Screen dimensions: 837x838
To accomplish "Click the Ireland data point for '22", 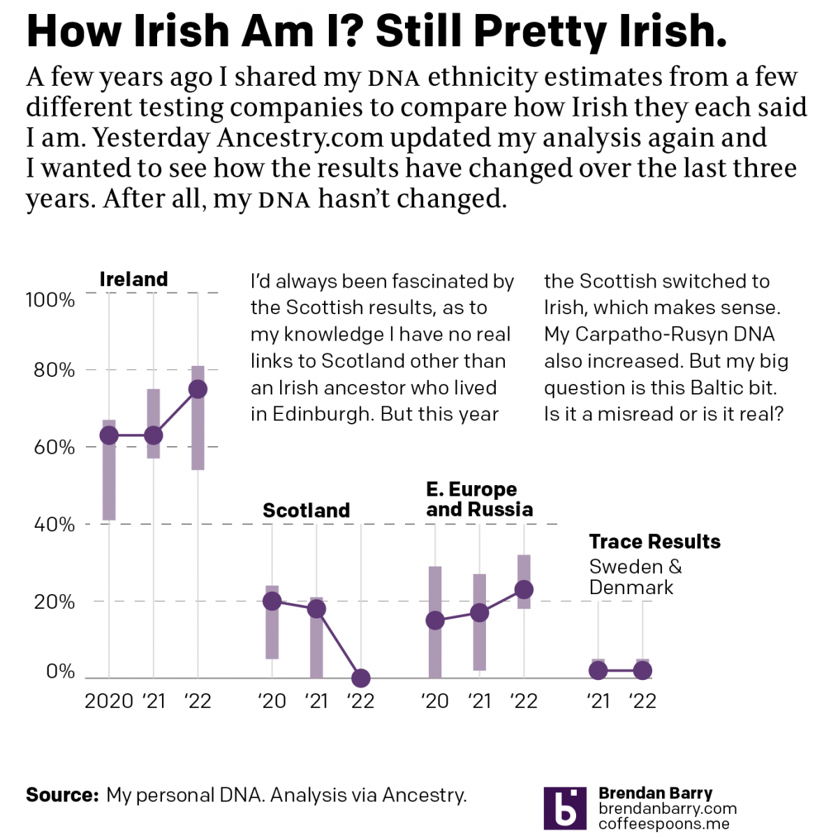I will click(x=198, y=390).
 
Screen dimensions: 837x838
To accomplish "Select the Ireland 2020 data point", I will click(x=109, y=436).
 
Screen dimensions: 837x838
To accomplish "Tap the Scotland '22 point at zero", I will click(x=361, y=678).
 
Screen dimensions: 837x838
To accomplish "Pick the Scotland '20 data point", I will click(x=272, y=601).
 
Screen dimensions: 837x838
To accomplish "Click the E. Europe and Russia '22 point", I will click(x=524, y=590).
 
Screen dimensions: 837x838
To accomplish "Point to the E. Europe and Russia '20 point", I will click(x=435, y=621).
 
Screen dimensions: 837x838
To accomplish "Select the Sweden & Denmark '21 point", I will click(x=598, y=671).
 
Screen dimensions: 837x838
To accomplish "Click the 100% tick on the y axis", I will click(x=50, y=300).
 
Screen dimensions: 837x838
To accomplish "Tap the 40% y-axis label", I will click(x=54, y=524).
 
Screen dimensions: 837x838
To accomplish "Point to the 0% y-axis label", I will click(x=60, y=672).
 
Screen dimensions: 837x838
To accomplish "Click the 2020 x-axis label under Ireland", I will click(x=109, y=701).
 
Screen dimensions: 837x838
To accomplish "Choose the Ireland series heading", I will click(x=133, y=279).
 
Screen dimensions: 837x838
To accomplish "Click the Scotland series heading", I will click(x=306, y=510).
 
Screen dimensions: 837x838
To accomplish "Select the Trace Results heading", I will click(x=654, y=542).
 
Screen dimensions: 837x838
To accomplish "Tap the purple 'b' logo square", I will click(x=565, y=808).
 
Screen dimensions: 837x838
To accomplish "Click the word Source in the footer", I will click(x=61, y=795).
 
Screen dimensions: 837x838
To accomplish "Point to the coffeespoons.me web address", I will click(x=664, y=824).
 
